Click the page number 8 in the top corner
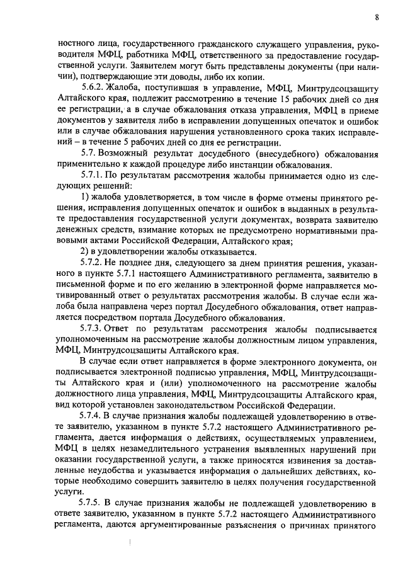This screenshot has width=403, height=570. click(377, 17)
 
